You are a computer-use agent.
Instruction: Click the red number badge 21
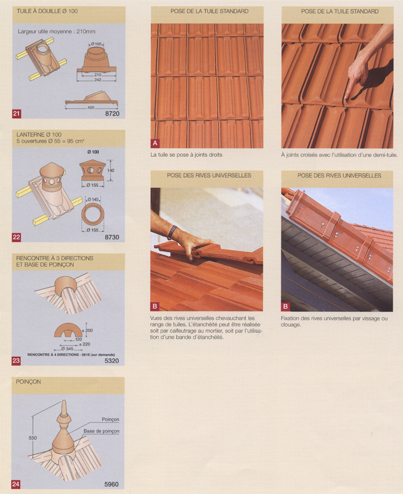tap(16, 114)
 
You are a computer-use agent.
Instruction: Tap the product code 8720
tap(112, 114)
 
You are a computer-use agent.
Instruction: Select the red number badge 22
tap(16, 237)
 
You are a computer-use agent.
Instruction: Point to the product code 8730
tap(112, 237)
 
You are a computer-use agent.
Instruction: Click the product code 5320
tap(112, 361)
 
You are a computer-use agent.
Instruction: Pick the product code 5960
tap(111, 484)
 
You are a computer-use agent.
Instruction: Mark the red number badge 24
tap(16, 484)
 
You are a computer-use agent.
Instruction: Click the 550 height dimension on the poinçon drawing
tap(33, 438)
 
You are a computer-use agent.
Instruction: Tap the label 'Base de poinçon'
tap(101, 431)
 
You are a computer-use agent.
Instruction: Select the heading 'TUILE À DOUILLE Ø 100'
tap(47, 11)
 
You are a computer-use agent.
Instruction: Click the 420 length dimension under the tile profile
tap(91, 107)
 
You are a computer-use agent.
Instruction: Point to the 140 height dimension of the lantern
tap(111, 171)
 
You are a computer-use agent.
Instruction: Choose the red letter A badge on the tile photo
tap(155, 144)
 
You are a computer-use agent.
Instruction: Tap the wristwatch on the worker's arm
tap(172, 232)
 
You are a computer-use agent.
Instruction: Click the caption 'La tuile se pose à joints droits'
tap(186, 154)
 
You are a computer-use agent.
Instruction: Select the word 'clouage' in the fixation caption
tap(291, 325)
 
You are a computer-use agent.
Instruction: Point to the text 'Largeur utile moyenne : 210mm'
tap(56, 32)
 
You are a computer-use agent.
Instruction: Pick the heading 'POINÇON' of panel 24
tap(28, 382)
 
